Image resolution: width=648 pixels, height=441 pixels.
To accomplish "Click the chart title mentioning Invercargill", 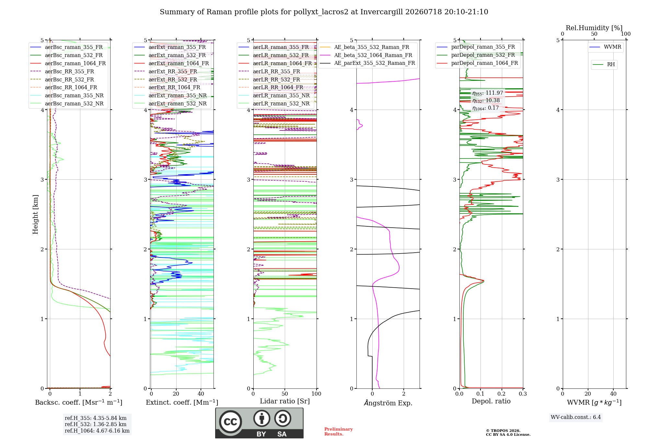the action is pos(324,12).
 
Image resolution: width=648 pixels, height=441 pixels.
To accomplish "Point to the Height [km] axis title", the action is pos(35,214).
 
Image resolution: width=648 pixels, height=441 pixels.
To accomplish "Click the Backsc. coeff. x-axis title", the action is pos(79,402).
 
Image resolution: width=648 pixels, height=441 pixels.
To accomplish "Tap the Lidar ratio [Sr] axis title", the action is pos(285,401).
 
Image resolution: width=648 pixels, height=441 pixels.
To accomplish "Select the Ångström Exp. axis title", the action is pos(388,403).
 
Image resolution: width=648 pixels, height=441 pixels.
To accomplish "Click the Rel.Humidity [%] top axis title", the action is pos(594,28).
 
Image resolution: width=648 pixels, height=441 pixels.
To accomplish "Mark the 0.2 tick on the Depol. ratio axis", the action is pos(502,394).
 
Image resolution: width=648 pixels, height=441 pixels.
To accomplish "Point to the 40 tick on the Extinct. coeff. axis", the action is pos(201,394).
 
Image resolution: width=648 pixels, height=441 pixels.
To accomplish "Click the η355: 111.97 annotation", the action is pos(488,93).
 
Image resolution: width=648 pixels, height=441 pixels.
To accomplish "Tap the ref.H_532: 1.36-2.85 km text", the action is pos(96,424).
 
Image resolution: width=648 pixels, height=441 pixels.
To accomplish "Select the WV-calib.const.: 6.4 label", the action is pos(576,417).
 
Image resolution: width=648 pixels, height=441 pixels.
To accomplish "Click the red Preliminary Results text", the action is pos(339,432).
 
